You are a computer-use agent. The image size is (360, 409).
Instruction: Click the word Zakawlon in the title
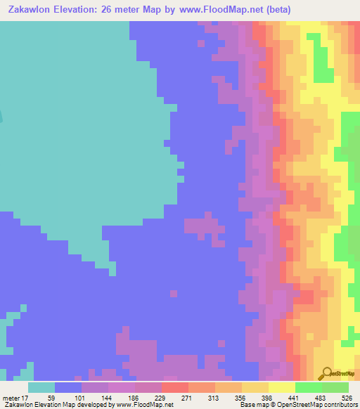34,10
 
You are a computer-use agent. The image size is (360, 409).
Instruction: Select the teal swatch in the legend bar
41,387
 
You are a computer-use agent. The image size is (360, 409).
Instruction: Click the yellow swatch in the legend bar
281,387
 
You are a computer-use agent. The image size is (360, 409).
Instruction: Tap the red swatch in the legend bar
174,387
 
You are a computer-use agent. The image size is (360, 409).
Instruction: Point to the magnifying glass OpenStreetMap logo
324,373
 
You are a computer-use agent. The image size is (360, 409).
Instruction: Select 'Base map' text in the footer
251,405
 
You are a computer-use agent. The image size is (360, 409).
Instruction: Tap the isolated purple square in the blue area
173,292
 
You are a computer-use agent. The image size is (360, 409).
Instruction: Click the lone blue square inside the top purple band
202,44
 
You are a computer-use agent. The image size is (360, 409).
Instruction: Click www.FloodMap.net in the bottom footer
146,405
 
